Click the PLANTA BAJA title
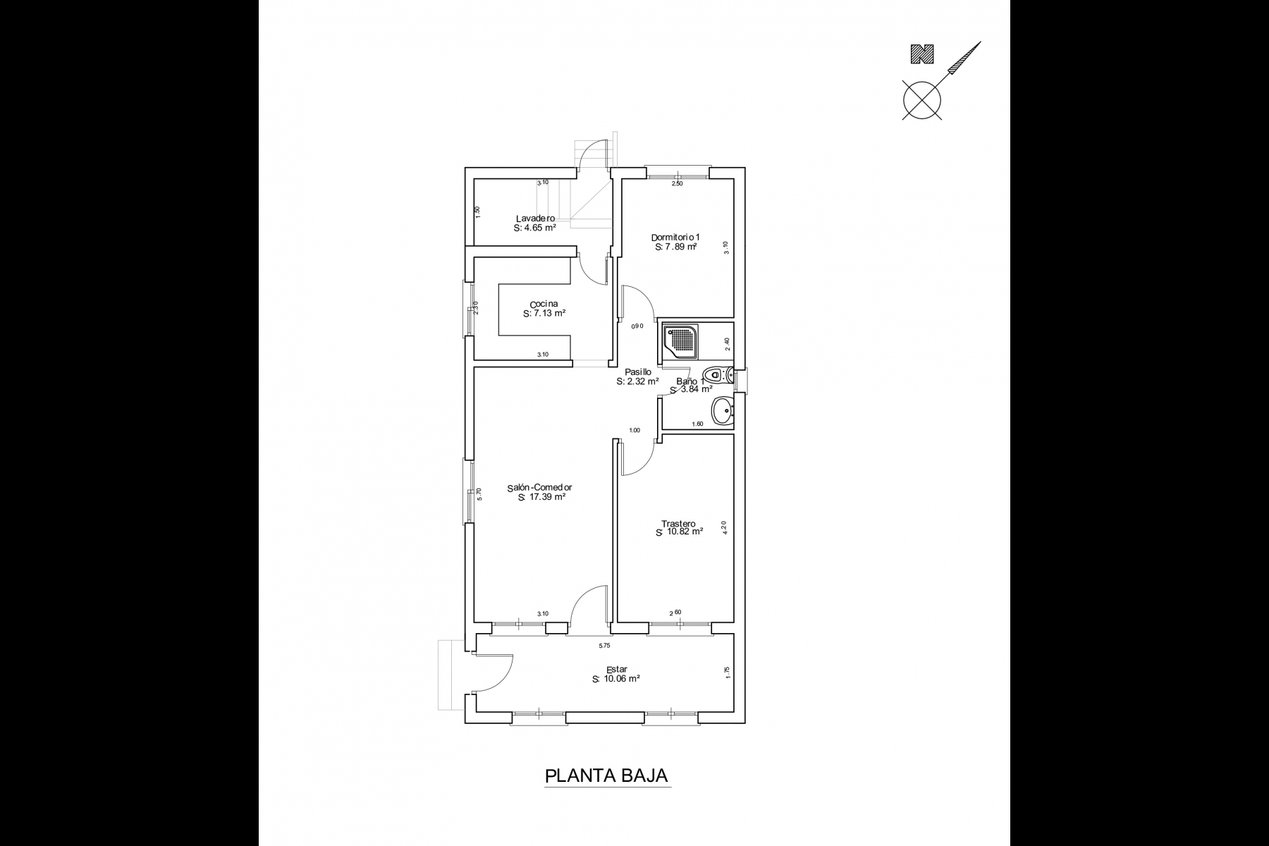[x=606, y=775]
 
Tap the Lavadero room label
[x=535, y=219]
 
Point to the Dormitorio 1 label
[x=675, y=238]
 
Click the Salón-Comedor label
[x=539, y=487]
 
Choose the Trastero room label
[x=678, y=524]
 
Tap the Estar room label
[x=617, y=670]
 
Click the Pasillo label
[x=638, y=372]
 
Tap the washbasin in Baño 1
[x=723, y=411]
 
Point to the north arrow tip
[x=981, y=42]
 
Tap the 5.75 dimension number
[x=604, y=645]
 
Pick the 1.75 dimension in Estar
[x=728, y=673]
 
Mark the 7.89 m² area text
[x=676, y=247]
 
